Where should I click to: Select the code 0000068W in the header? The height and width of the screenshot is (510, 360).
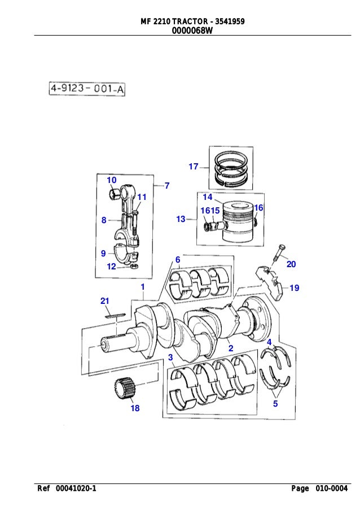pos(192,31)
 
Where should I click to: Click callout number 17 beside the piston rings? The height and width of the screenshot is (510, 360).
pos(193,167)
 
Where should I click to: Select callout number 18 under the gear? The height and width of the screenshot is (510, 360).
pos(135,408)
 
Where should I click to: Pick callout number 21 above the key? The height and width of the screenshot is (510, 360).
pos(104,301)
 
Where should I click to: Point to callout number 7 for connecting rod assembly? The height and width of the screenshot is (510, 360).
pos(166,185)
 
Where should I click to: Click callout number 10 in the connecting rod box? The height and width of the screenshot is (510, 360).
pos(111,180)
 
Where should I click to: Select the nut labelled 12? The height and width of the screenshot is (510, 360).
pos(135,265)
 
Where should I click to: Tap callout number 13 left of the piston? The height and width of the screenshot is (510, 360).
pos(181,219)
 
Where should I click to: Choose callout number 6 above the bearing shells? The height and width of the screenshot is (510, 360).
pos(177,259)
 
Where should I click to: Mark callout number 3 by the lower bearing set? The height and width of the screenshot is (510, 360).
pos(170,357)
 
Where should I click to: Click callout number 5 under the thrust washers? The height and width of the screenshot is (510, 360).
pos(275,404)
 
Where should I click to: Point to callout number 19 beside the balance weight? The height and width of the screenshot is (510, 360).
pos(294,288)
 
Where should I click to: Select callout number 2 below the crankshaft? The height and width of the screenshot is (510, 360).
pos(231,348)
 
